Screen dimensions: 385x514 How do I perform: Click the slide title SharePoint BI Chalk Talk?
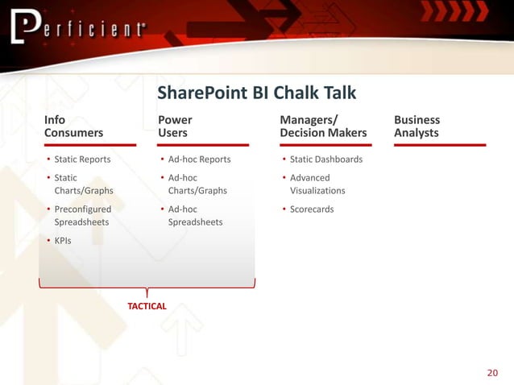pyautogui.click(x=256, y=93)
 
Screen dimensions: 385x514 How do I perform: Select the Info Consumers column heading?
pyautogui.click(x=73, y=126)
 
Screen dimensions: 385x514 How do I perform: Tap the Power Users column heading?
pyautogui.click(x=175, y=126)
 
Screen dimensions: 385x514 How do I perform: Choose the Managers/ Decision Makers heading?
pyautogui.click(x=322, y=126)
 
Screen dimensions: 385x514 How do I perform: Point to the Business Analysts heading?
pyautogui.click(x=417, y=126)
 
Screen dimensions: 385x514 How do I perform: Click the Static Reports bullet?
pyautogui.click(x=82, y=159)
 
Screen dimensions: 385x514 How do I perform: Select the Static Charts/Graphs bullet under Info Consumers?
pyautogui.click(x=83, y=184)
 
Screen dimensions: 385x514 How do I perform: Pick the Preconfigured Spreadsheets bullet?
pyautogui.click(x=82, y=216)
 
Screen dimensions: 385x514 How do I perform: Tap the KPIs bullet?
pyautogui.click(x=62, y=240)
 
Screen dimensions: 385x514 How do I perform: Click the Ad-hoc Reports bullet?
pyautogui.click(x=199, y=159)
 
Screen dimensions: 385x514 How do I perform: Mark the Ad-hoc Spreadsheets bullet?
pyautogui.click(x=195, y=216)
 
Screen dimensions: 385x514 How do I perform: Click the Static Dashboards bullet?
pyautogui.click(x=325, y=159)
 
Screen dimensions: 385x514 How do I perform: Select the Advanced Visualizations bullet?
pyautogui.click(x=317, y=184)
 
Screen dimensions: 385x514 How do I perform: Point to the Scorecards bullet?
pyautogui.click(x=311, y=209)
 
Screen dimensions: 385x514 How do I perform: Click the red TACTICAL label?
pyautogui.click(x=147, y=306)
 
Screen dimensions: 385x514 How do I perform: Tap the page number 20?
pyautogui.click(x=493, y=372)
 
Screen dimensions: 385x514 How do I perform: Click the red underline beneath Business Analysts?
pyautogui.click(x=440, y=145)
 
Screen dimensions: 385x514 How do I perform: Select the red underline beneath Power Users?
pyautogui.click(x=204, y=145)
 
